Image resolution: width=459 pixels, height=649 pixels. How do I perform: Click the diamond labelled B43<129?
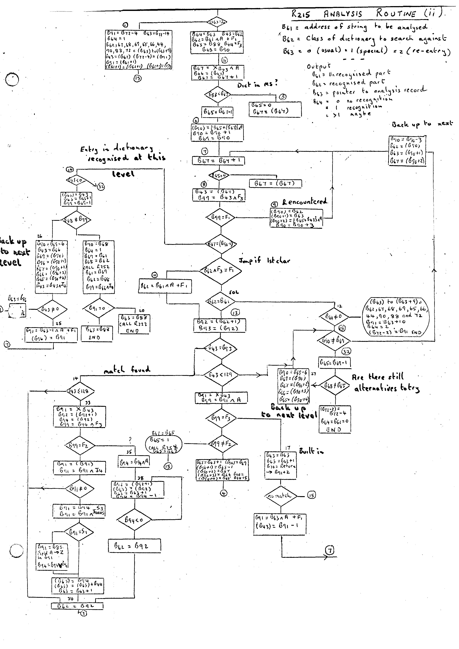(x=221, y=375)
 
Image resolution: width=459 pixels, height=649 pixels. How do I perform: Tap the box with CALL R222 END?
(x=134, y=323)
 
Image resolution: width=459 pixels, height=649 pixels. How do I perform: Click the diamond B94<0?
(x=134, y=519)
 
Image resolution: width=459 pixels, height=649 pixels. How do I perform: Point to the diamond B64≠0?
(x=334, y=316)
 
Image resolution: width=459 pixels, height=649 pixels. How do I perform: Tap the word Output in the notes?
(x=318, y=66)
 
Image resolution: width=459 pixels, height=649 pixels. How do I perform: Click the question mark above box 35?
(x=130, y=440)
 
